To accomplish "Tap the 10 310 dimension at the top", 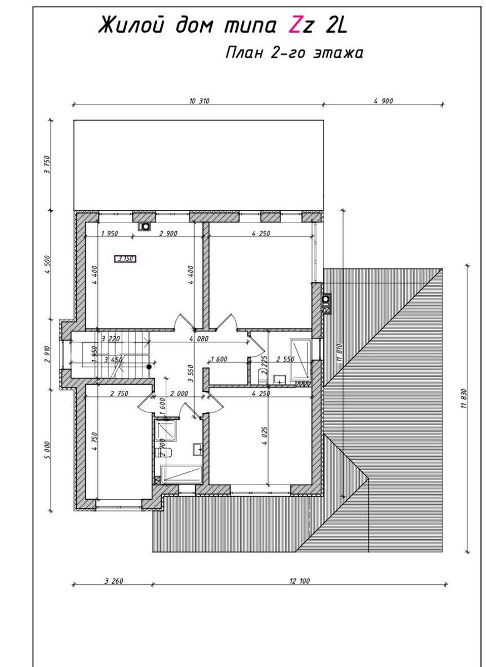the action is pos(199,101).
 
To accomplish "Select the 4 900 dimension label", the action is pos(383,101).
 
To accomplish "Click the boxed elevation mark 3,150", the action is pos(126,259).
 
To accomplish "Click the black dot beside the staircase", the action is pos(149,367).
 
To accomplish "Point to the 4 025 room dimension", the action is pos(265,444).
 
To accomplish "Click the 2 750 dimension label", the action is pos(119,394).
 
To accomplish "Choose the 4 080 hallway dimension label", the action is pos(199,339).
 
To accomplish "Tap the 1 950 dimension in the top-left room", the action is pos(110,233).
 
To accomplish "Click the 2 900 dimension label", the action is pos(168,233).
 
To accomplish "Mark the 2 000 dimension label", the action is pos(179,394).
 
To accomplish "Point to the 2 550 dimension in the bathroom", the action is pos(285,359).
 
